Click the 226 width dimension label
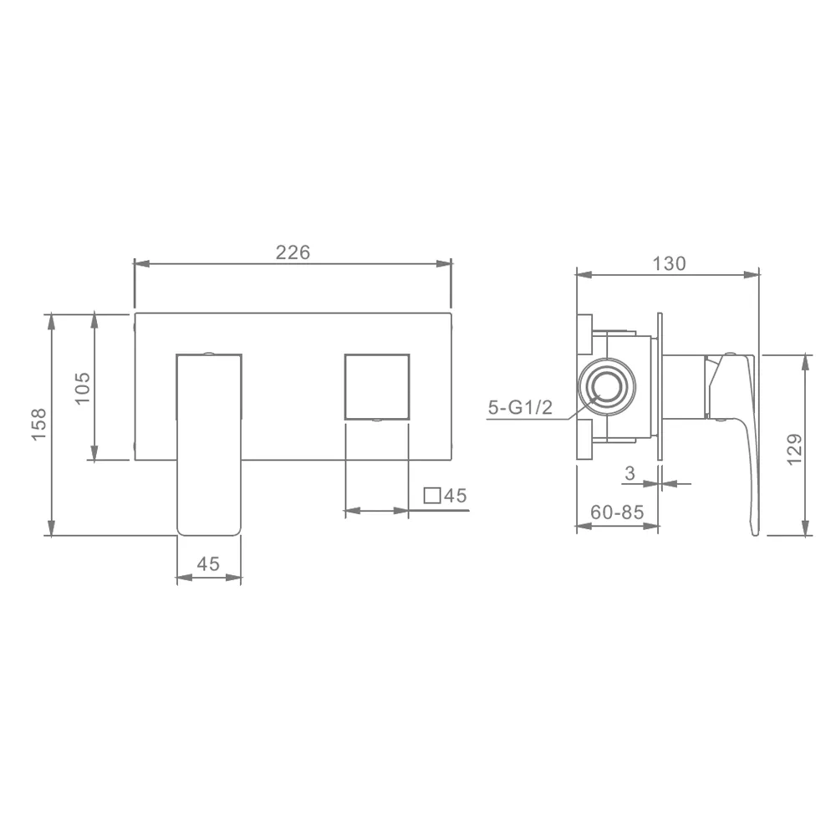click(293, 252)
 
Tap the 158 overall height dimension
click(39, 425)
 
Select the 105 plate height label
click(83, 388)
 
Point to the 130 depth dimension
click(669, 263)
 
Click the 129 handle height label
click(794, 449)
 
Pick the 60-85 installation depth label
click(618, 512)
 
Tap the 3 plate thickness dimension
click(630, 473)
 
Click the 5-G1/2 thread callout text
click(520, 408)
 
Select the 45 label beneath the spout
click(208, 563)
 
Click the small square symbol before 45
click(432, 495)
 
